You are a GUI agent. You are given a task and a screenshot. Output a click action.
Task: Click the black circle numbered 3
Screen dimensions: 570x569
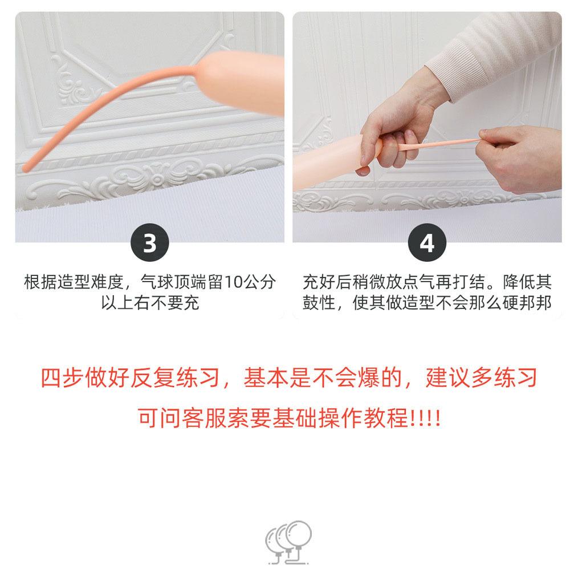(x=150, y=242)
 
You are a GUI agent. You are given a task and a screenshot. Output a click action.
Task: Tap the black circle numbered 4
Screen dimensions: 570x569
(x=427, y=242)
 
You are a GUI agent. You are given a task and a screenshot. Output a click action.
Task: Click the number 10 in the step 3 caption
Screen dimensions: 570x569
(x=233, y=282)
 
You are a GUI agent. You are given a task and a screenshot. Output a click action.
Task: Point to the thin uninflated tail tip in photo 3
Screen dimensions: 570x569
(x=26, y=168)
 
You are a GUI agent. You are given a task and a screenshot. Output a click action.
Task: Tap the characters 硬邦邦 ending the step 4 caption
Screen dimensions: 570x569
(x=527, y=303)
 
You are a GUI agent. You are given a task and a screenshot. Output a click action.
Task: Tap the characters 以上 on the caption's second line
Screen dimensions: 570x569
(x=117, y=303)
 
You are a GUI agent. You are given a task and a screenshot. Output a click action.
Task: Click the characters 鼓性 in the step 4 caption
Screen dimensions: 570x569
(x=319, y=303)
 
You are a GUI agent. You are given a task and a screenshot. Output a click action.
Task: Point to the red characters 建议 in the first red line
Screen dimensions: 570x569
(x=448, y=378)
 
